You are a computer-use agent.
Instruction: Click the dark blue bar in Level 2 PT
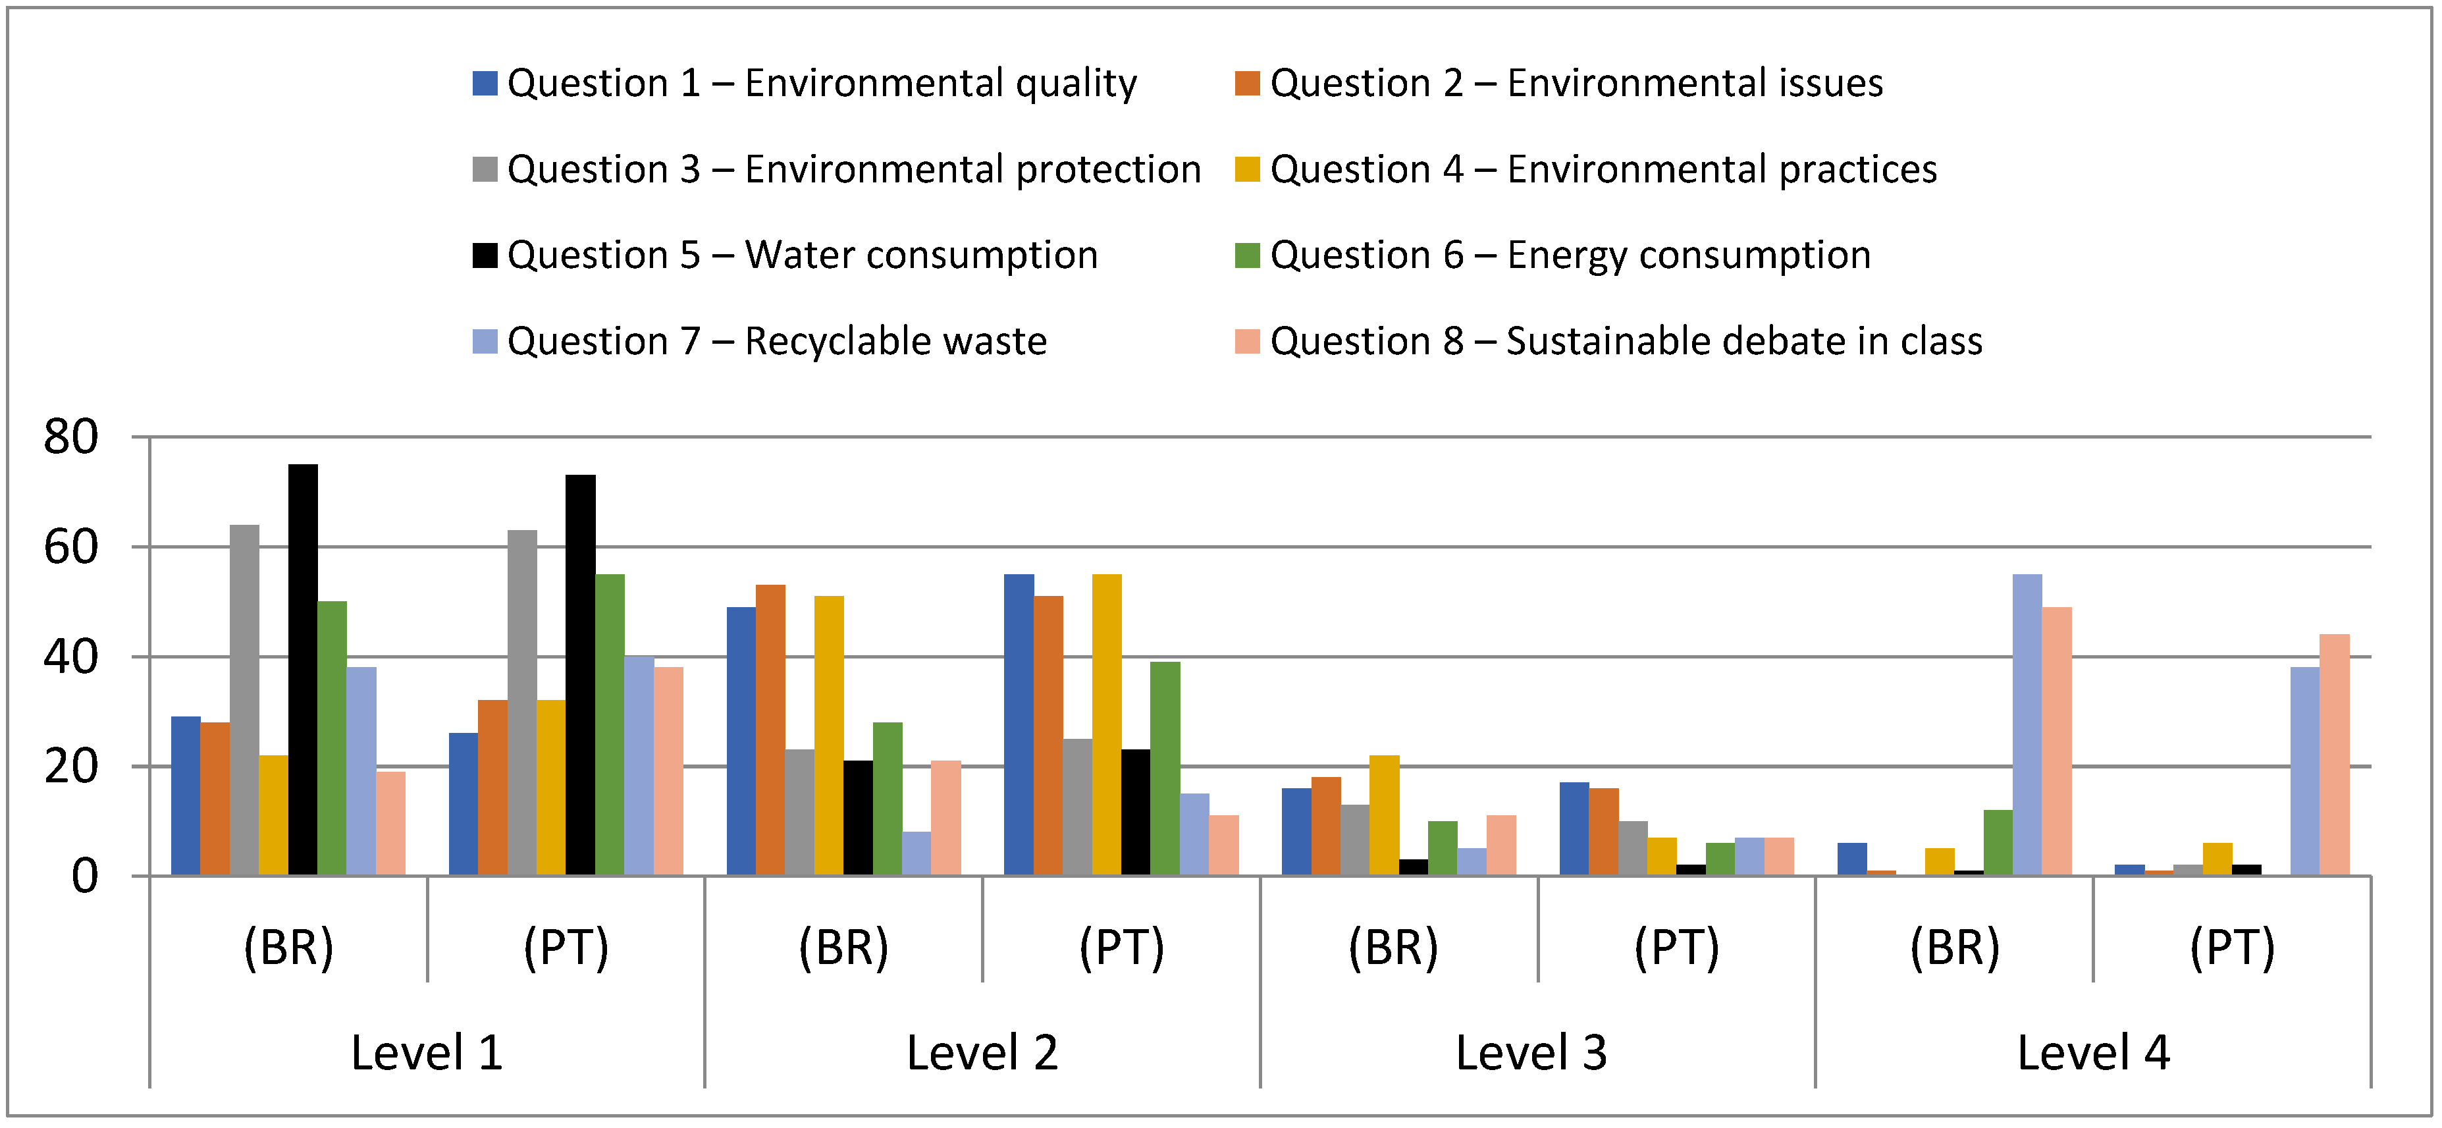coord(1019,725)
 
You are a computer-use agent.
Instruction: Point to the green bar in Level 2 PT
coord(1165,768)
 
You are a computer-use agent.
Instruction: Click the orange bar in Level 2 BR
coord(771,730)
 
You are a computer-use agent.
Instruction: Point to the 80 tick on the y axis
coord(71,437)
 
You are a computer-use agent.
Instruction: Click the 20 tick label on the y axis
coord(71,766)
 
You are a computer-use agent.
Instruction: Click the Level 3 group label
coord(1531,1052)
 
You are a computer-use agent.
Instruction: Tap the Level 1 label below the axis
coord(427,1052)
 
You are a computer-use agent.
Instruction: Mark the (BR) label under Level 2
coord(843,947)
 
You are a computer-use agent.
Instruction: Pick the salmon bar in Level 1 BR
coord(390,822)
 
